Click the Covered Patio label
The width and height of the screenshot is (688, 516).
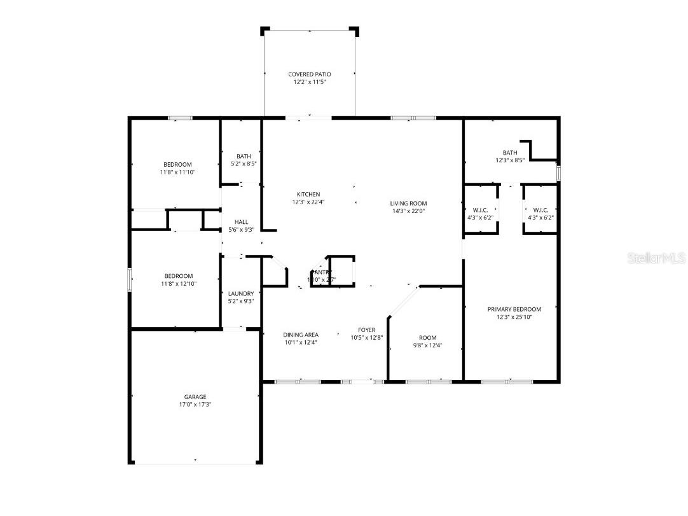(310, 74)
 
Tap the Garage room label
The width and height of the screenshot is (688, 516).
(195, 397)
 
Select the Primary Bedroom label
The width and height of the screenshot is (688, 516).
(514, 309)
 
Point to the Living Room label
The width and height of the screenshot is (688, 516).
(408, 204)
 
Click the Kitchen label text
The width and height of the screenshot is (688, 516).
(308, 195)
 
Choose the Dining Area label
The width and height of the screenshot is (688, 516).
(301, 335)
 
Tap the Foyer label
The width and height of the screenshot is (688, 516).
(366, 330)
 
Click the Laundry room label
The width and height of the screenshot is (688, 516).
(241, 294)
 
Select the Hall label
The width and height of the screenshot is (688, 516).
(241, 222)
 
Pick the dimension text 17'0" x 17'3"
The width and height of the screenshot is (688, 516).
(195, 405)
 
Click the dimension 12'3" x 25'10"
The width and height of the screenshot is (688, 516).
(514, 317)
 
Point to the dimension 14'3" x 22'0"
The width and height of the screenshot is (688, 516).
(408, 211)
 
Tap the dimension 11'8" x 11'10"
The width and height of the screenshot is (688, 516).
(177, 172)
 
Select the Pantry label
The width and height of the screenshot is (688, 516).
(322, 272)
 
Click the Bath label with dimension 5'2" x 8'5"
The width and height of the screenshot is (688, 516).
(244, 157)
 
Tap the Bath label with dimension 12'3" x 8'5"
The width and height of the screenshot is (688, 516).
(510, 153)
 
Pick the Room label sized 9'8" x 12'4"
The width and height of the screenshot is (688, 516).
(427, 338)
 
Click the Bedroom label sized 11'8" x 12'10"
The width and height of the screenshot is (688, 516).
(177, 276)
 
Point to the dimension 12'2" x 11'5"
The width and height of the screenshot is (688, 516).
(310, 82)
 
